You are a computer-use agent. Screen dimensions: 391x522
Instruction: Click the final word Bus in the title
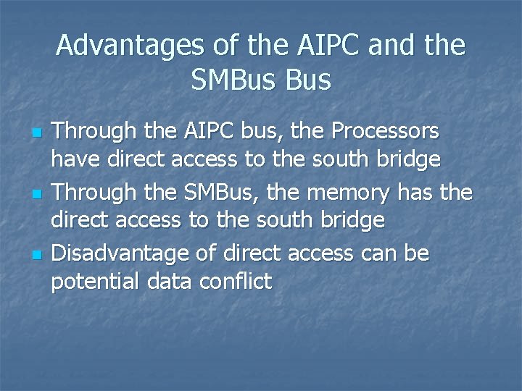[307, 80]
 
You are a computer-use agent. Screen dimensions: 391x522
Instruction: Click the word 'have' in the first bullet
[73, 159]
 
